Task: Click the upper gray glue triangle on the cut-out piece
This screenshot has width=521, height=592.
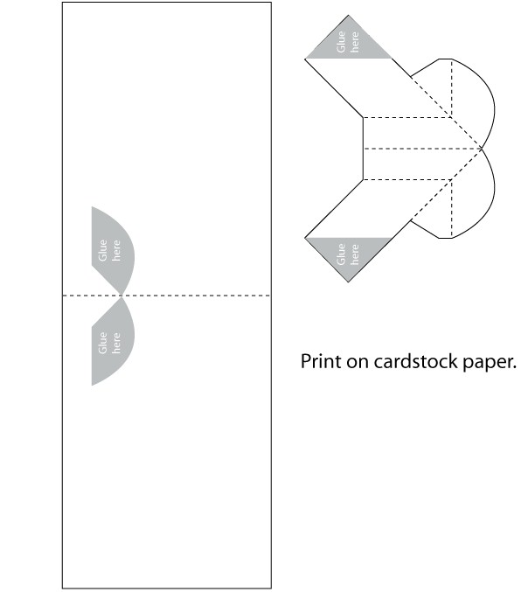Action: [x=348, y=44]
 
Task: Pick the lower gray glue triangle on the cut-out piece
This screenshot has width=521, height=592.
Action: [x=348, y=253]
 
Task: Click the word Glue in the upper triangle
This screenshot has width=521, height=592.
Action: [x=341, y=41]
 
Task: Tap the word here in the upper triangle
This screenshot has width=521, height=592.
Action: [x=355, y=41]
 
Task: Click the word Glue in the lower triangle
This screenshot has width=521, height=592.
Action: [x=341, y=254]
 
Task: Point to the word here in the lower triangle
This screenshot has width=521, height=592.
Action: [x=355, y=254]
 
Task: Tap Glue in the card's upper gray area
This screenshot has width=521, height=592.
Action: [x=102, y=250]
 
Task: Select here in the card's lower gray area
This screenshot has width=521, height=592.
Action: [x=116, y=343]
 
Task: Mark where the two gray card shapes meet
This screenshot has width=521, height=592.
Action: [x=122, y=296]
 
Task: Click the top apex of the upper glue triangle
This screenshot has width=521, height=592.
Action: [x=348, y=16]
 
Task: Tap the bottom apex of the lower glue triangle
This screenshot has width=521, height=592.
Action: [x=348, y=282]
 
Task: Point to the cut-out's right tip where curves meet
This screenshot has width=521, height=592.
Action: [x=483, y=149]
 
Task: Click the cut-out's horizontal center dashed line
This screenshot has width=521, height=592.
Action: [x=422, y=149]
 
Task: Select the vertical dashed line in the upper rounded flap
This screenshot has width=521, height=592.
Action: [x=452, y=88]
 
